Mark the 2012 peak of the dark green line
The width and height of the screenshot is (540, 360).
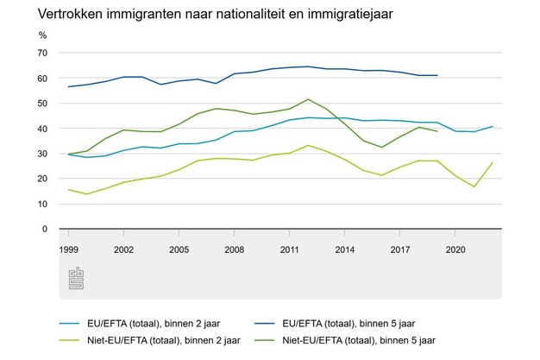click(308, 99)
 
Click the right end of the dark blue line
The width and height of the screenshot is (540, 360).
click(437, 75)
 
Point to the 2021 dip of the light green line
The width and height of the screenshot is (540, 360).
click(474, 186)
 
